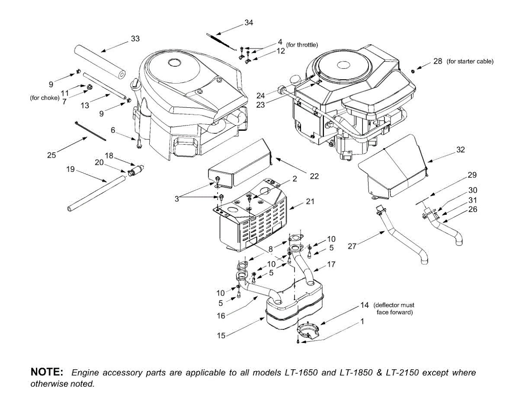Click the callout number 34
coord(249,23)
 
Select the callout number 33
coord(135,39)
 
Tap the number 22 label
coord(314,176)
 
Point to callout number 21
coord(310,201)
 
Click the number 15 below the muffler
coord(221,336)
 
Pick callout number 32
coord(461,150)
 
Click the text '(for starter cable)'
coord(470,61)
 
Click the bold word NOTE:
coord(47,372)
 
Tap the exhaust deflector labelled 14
coord(308,331)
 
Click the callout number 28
coord(438,61)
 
